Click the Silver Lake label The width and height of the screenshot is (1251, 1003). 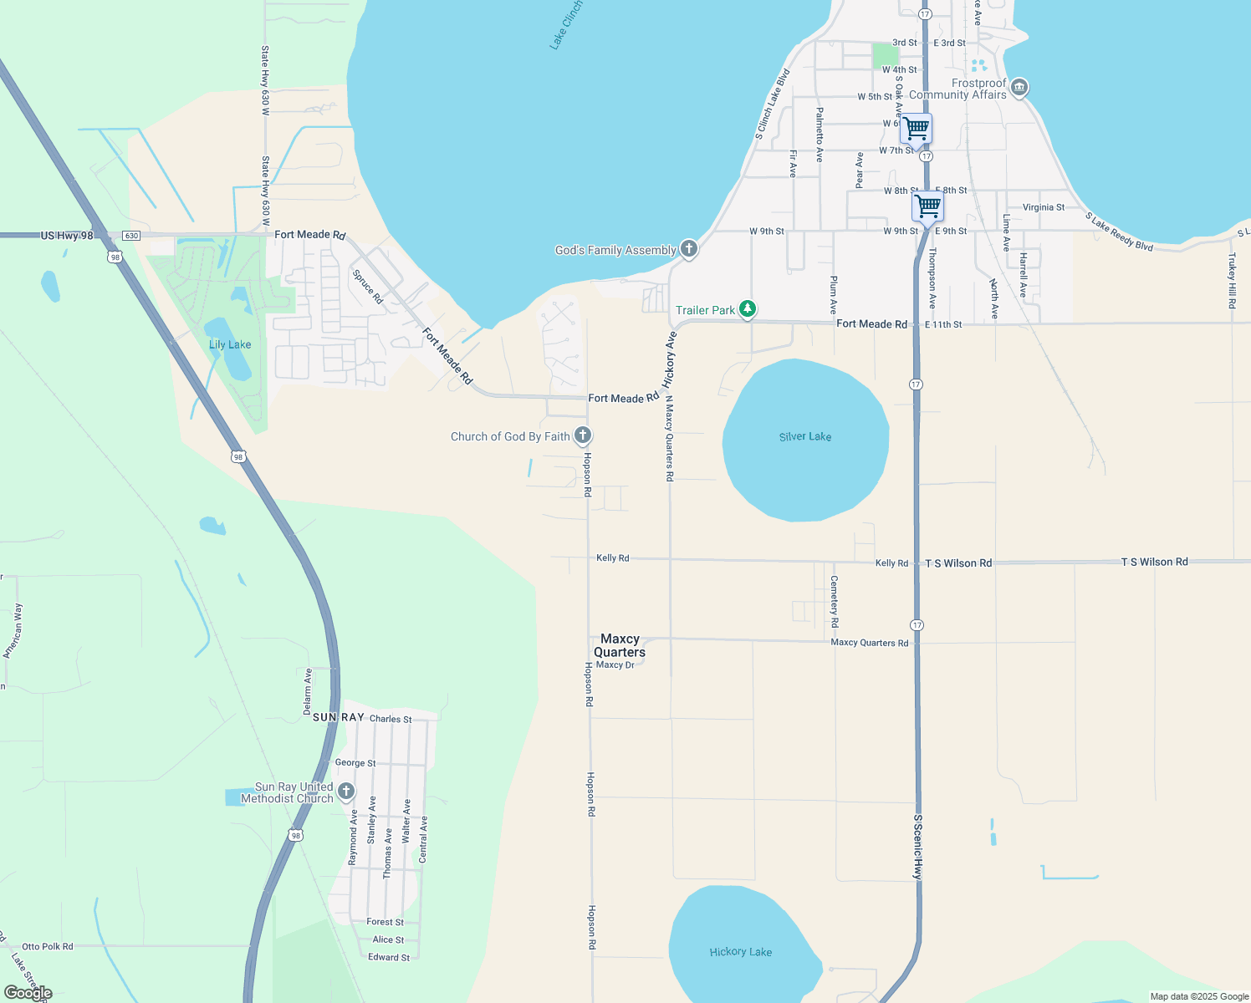point(804,436)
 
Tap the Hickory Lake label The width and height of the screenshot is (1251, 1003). point(740,952)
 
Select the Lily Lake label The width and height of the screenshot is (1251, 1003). point(229,344)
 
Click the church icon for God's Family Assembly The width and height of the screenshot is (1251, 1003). point(688,248)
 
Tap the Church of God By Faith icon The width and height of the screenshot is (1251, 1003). point(583,435)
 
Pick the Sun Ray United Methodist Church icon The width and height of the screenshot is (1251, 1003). point(345,791)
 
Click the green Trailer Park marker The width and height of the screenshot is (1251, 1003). point(748,309)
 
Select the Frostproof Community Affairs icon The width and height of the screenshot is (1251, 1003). point(1019,87)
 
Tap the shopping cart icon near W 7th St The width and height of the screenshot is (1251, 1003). point(917,129)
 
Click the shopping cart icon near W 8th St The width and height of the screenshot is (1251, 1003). point(927,205)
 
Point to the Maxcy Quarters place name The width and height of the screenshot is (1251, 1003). point(620,645)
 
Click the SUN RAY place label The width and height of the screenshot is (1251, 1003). point(339,717)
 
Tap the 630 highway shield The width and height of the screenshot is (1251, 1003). point(131,236)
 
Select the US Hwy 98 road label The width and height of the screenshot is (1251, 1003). point(67,236)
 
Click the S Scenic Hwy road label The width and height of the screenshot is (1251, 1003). point(917,846)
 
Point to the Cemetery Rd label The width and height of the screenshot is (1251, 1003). point(834,601)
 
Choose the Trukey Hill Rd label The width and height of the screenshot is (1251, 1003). point(1232,281)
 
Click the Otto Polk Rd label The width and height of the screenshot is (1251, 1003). point(47,946)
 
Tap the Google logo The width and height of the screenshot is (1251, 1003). point(28,993)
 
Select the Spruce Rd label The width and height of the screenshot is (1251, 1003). point(367,287)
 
